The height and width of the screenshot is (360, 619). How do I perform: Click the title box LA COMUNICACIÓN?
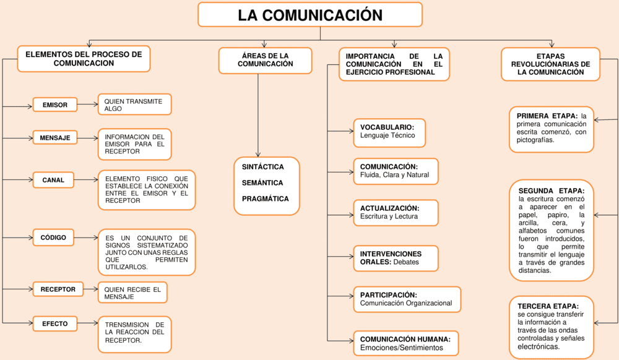pos(309,15)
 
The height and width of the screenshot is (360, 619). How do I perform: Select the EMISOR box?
pos(55,105)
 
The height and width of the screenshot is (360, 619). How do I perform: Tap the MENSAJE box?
pos(55,137)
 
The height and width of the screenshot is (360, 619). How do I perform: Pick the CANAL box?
pos(53,181)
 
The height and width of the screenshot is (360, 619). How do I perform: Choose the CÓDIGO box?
pos(53,238)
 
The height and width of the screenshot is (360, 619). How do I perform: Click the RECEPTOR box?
pos(58,289)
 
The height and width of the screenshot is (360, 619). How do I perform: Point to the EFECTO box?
pos(55,324)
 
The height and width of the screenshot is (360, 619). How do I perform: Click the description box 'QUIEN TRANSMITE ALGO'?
pos(134,105)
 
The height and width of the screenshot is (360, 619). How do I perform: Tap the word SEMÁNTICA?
pos(262,183)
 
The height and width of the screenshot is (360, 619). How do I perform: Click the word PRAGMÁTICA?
pos(265,199)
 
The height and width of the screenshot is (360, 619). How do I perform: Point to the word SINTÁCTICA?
pos(263,167)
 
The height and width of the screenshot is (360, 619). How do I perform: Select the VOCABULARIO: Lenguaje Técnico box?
pos(389,132)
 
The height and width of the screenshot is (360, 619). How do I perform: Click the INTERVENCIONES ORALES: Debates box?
pos(395,259)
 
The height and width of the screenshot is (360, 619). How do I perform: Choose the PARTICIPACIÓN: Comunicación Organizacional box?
pos(407,299)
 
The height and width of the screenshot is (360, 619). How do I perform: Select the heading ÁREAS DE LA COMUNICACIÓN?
pos(265,60)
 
